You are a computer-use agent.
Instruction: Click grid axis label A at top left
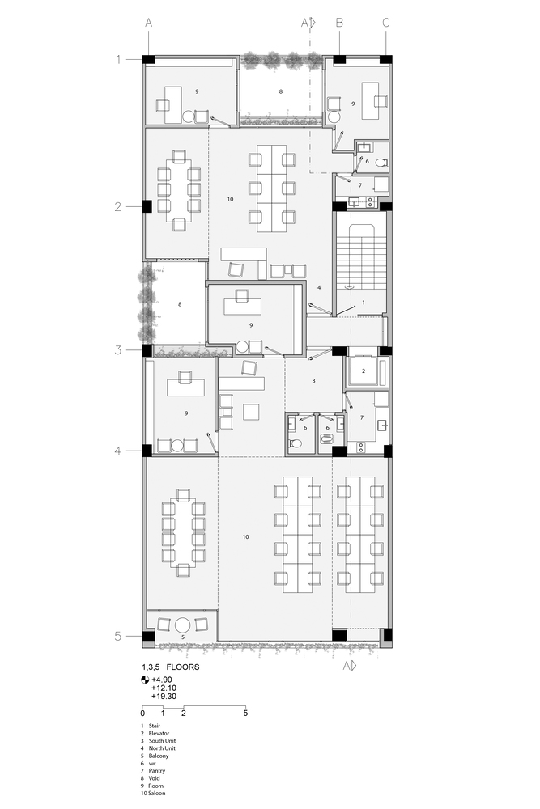coord(149,23)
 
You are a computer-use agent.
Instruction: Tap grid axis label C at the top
coord(385,23)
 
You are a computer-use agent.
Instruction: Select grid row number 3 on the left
coord(118,349)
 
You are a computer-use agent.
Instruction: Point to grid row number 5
coord(118,636)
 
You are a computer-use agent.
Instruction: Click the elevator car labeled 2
coord(364,371)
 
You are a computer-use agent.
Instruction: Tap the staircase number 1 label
coord(364,303)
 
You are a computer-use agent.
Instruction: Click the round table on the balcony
coord(183,625)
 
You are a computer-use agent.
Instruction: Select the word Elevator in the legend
coord(159,733)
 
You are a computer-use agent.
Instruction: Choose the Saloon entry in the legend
coord(157,793)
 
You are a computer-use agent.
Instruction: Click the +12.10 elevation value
coord(164,688)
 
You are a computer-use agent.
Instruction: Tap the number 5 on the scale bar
coord(245,713)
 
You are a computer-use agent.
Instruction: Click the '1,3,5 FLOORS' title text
coord(170,667)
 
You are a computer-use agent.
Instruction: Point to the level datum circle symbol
coord(145,680)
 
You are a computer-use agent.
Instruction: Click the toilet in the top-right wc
coord(381,163)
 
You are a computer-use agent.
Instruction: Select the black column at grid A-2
coord(147,206)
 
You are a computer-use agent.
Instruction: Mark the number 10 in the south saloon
coord(246,536)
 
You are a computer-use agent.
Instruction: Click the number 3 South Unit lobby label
coord(313,381)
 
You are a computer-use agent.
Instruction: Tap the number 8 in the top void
coord(281,91)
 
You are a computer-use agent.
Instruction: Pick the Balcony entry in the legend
coord(159,756)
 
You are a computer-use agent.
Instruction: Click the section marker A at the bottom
coord(350,666)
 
